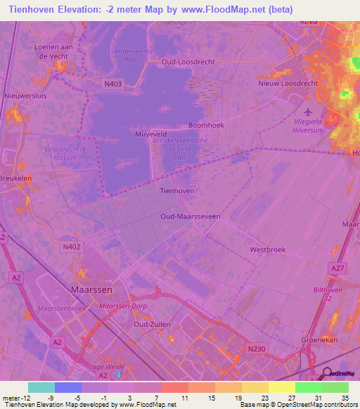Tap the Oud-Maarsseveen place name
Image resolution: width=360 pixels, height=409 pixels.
(x=190, y=216)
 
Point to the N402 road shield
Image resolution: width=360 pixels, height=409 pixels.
(x=72, y=246)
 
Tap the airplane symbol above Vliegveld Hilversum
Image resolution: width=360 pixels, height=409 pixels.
(x=307, y=111)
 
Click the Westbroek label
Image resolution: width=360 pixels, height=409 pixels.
(x=266, y=249)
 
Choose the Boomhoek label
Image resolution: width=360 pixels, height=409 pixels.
(x=205, y=126)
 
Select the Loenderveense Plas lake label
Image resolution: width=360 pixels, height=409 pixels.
(x=132, y=56)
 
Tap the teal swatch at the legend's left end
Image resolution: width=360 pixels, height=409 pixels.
(x=41, y=387)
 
